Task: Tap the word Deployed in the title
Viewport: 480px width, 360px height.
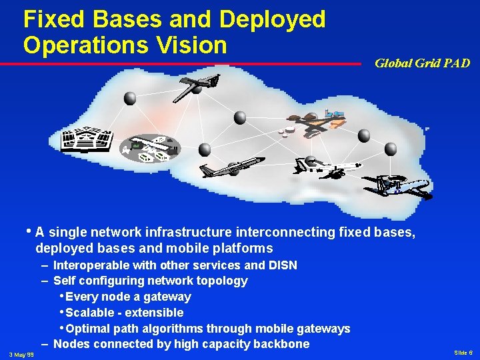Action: [x=272, y=19]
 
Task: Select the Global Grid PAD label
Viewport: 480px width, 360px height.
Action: [x=422, y=63]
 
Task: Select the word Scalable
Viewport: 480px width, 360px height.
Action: [x=90, y=313]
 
